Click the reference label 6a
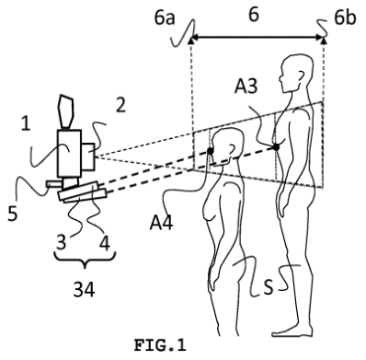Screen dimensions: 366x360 (x=165, y=17)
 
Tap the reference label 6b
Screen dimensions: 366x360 (x=345, y=17)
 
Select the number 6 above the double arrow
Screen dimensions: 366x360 (x=254, y=15)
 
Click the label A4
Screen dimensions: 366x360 (x=161, y=223)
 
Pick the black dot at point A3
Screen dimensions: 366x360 (x=276, y=147)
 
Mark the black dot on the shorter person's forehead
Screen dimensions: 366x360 (x=211, y=151)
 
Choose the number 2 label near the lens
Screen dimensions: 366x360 (x=120, y=105)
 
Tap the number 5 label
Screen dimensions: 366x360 (x=12, y=214)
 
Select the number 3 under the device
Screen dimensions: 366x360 (x=61, y=242)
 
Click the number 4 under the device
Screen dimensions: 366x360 (x=105, y=242)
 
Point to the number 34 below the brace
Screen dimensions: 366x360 (x=84, y=289)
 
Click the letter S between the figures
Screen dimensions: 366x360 (x=269, y=288)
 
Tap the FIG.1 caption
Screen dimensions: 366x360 (x=160, y=345)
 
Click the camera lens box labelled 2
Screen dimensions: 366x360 (x=88, y=157)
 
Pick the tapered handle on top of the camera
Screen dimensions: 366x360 (x=65, y=111)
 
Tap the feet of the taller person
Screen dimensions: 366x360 (x=292, y=331)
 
